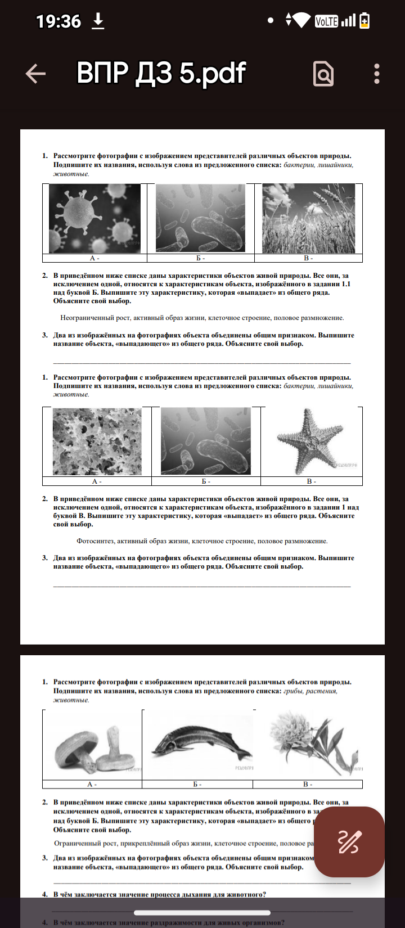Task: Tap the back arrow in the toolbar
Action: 35,74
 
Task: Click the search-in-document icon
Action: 323,74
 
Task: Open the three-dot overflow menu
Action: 376,74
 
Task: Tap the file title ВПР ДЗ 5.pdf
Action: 161,73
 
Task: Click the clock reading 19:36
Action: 58,22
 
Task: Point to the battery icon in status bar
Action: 364,21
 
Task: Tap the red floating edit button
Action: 349,841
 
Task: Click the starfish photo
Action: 310,440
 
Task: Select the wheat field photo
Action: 308,218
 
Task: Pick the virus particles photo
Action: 94,218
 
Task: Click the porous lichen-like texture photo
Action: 97,442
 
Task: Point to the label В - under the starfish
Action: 311,481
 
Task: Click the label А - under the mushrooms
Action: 92,784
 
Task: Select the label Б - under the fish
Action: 197,784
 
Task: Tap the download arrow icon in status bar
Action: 98,21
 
